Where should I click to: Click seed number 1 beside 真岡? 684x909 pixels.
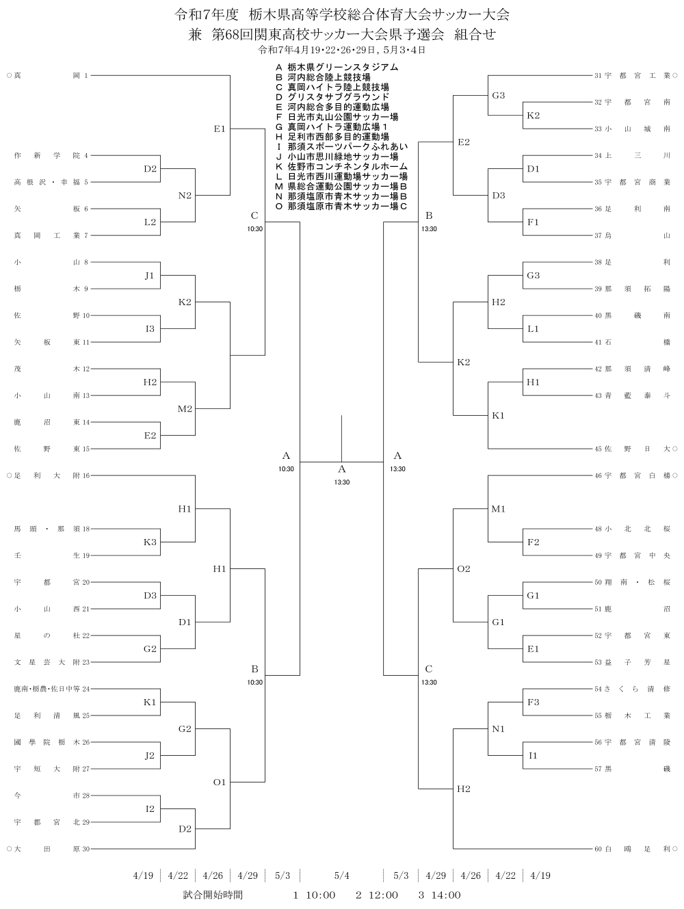(x=86, y=75)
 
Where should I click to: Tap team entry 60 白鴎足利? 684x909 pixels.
(x=632, y=849)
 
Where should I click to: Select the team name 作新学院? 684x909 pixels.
(x=47, y=155)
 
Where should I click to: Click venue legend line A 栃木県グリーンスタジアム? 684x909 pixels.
(x=337, y=67)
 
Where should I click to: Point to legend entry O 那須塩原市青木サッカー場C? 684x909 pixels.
(x=341, y=207)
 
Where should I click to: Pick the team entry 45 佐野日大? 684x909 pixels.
(x=632, y=449)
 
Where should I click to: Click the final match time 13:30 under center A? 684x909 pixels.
(x=342, y=482)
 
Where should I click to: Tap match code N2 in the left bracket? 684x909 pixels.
(x=185, y=196)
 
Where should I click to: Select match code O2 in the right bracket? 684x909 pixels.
(x=464, y=568)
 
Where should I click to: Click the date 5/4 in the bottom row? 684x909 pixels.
(x=342, y=875)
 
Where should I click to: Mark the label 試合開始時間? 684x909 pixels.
(x=213, y=895)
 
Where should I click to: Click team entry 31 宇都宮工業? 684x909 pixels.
(x=632, y=75)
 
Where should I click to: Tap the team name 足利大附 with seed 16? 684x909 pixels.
(x=47, y=475)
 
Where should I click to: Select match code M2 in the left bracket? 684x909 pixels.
(x=185, y=409)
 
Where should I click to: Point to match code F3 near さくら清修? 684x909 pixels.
(x=534, y=702)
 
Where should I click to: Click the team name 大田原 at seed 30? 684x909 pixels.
(x=47, y=849)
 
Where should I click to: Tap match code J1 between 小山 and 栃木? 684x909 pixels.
(x=150, y=276)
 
